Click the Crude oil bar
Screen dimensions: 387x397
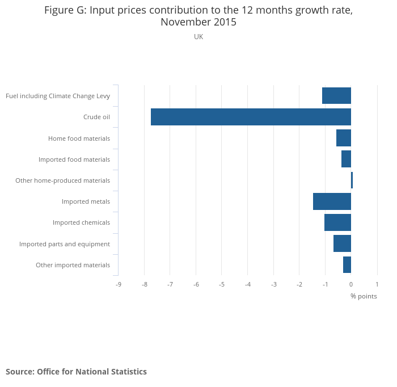tap(251, 117)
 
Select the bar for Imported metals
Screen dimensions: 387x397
tap(332, 201)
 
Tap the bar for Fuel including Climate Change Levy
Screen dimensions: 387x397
tap(336, 96)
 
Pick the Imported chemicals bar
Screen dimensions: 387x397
tap(337, 222)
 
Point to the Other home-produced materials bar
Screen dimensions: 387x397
tap(352, 180)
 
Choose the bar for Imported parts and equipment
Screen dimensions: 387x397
tap(342, 243)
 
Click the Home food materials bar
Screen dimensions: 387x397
tap(344, 138)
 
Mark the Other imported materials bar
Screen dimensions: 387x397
tap(347, 265)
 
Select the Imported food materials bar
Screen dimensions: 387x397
tap(346, 159)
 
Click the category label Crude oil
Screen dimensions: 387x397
tap(96, 117)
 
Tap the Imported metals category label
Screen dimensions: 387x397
tap(86, 201)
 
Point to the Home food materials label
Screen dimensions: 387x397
tap(79, 138)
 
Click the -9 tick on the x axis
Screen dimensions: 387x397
tap(118, 284)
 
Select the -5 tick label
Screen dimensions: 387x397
tap(222, 284)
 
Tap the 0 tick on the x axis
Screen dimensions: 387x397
tap(351, 284)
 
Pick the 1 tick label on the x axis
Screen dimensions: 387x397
tap(377, 284)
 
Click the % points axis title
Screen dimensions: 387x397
tap(363, 296)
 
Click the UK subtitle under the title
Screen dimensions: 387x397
tap(198, 37)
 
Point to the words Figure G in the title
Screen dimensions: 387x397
tap(65, 11)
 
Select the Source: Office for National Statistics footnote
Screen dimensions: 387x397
tap(76, 372)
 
